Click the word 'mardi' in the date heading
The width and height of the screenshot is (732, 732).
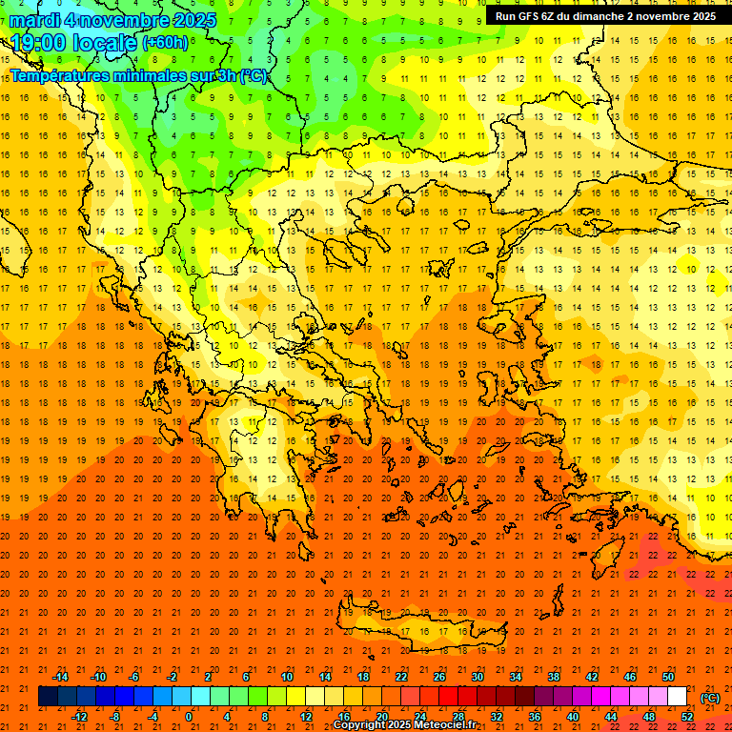point(37,20)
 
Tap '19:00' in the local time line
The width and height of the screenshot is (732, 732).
point(36,42)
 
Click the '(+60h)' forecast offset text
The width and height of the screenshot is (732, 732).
point(164,43)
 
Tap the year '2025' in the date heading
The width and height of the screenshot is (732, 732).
point(190,20)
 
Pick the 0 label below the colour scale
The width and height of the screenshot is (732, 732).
point(189,717)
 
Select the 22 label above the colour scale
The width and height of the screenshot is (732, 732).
point(400,676)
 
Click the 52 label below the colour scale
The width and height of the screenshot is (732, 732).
point(686,717)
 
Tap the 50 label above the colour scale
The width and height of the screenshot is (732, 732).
point(667,676)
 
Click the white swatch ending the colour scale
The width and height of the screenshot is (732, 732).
point(677,697)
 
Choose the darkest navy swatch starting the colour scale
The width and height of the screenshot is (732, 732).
point(48,697)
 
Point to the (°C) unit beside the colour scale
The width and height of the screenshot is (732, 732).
point(710,698)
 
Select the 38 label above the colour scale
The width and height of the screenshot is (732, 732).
point(553,676)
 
